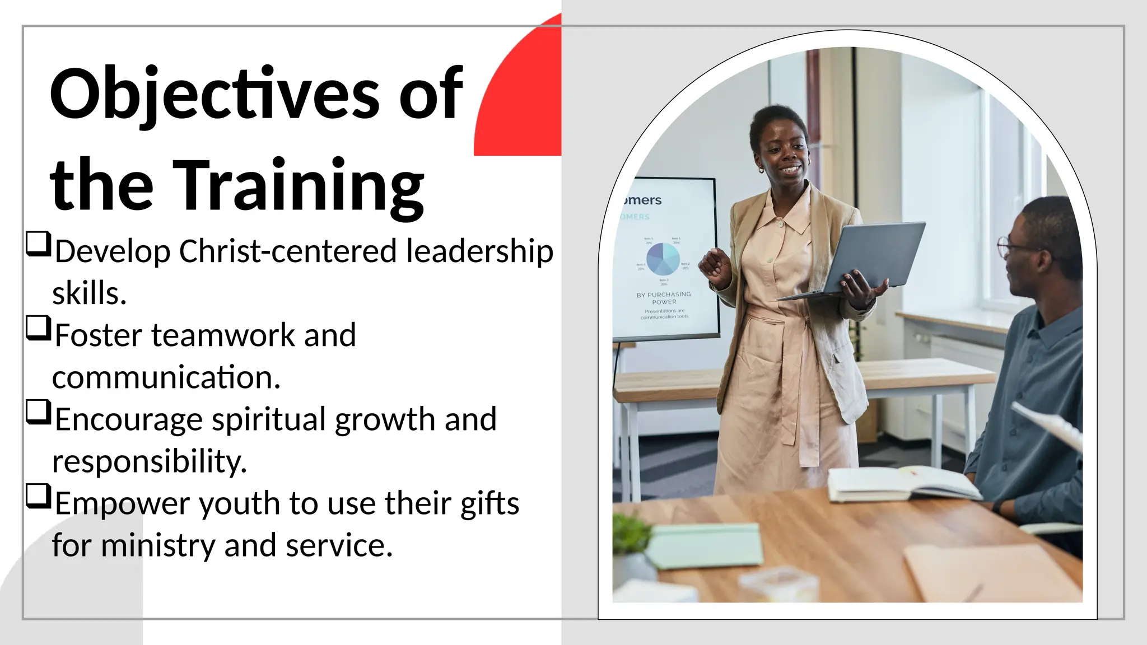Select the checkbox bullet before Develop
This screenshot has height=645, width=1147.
[39, 244]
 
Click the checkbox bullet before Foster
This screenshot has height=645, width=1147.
[39, 328]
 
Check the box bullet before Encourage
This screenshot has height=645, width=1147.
[39, 412]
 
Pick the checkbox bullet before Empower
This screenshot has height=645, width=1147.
[39, 496]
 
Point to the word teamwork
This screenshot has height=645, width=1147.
[223, 335]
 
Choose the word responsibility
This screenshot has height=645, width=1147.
[149, 461]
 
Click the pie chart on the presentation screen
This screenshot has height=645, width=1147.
[663, 258]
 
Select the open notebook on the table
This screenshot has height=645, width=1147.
[902, 483]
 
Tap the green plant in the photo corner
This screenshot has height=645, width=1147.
[632, 532]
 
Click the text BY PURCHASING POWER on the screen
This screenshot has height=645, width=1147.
[664, 298]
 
